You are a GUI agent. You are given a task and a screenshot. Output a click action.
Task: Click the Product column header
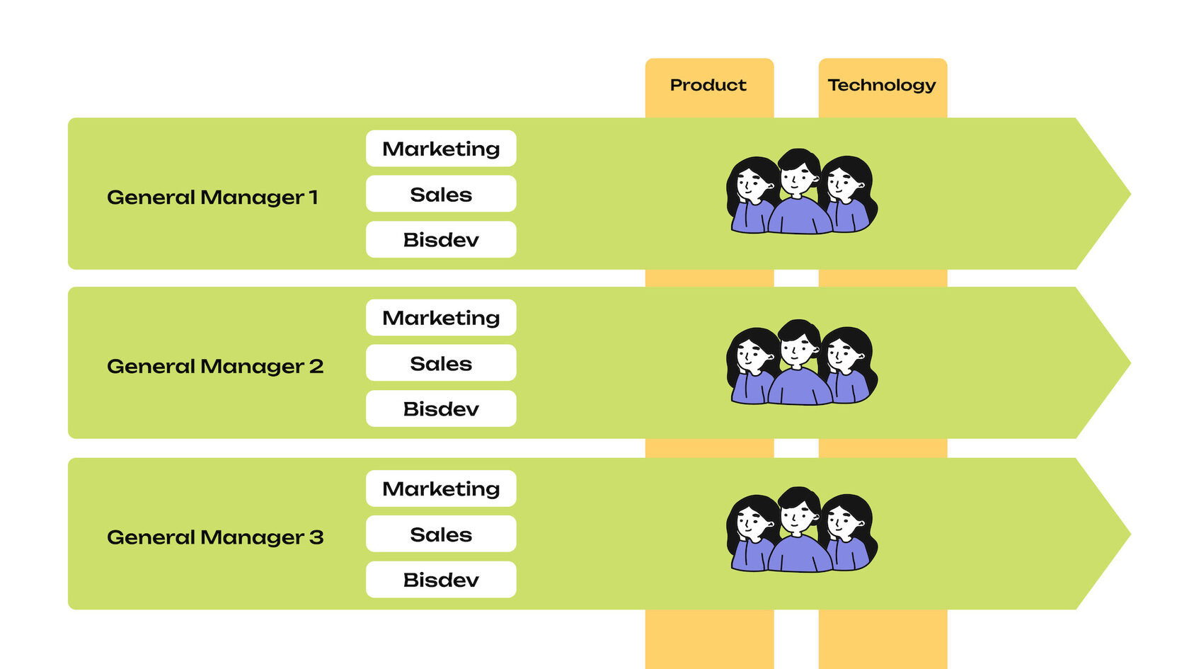tap(708, 86)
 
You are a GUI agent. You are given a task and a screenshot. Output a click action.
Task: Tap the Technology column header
tap(882, 86)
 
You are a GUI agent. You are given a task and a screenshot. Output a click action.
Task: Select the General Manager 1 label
tap(212, 197)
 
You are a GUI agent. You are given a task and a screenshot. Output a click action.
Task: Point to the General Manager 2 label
tap(215, 366)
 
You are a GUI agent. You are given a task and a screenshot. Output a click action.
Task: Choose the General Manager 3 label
tap(215, 537)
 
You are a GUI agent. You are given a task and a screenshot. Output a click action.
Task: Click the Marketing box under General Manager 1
tap(441, 149)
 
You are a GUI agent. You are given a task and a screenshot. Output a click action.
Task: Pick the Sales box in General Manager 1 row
tap(441, 194)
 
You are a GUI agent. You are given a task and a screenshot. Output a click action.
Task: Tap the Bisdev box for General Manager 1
tap(441, 239)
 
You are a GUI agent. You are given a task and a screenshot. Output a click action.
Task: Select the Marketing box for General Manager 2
tap(441, 318)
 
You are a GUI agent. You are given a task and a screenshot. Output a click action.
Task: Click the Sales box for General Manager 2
tap(441, 363)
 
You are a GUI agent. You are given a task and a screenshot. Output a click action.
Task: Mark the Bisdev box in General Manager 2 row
tap(441, 408)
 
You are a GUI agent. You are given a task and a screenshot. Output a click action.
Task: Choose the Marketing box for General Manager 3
tap(441, 488)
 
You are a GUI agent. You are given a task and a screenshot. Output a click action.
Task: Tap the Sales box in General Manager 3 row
tap(441, 534)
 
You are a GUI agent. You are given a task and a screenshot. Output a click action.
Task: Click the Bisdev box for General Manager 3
tap(441, 579)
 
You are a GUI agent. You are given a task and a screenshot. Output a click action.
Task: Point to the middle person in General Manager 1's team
tap(800, 195)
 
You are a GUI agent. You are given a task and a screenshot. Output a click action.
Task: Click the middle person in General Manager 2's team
tap(800, 365)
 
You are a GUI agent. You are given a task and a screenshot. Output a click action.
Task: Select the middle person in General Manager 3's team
tap(800, 532)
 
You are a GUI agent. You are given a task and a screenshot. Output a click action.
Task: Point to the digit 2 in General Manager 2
tap(316, 366)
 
